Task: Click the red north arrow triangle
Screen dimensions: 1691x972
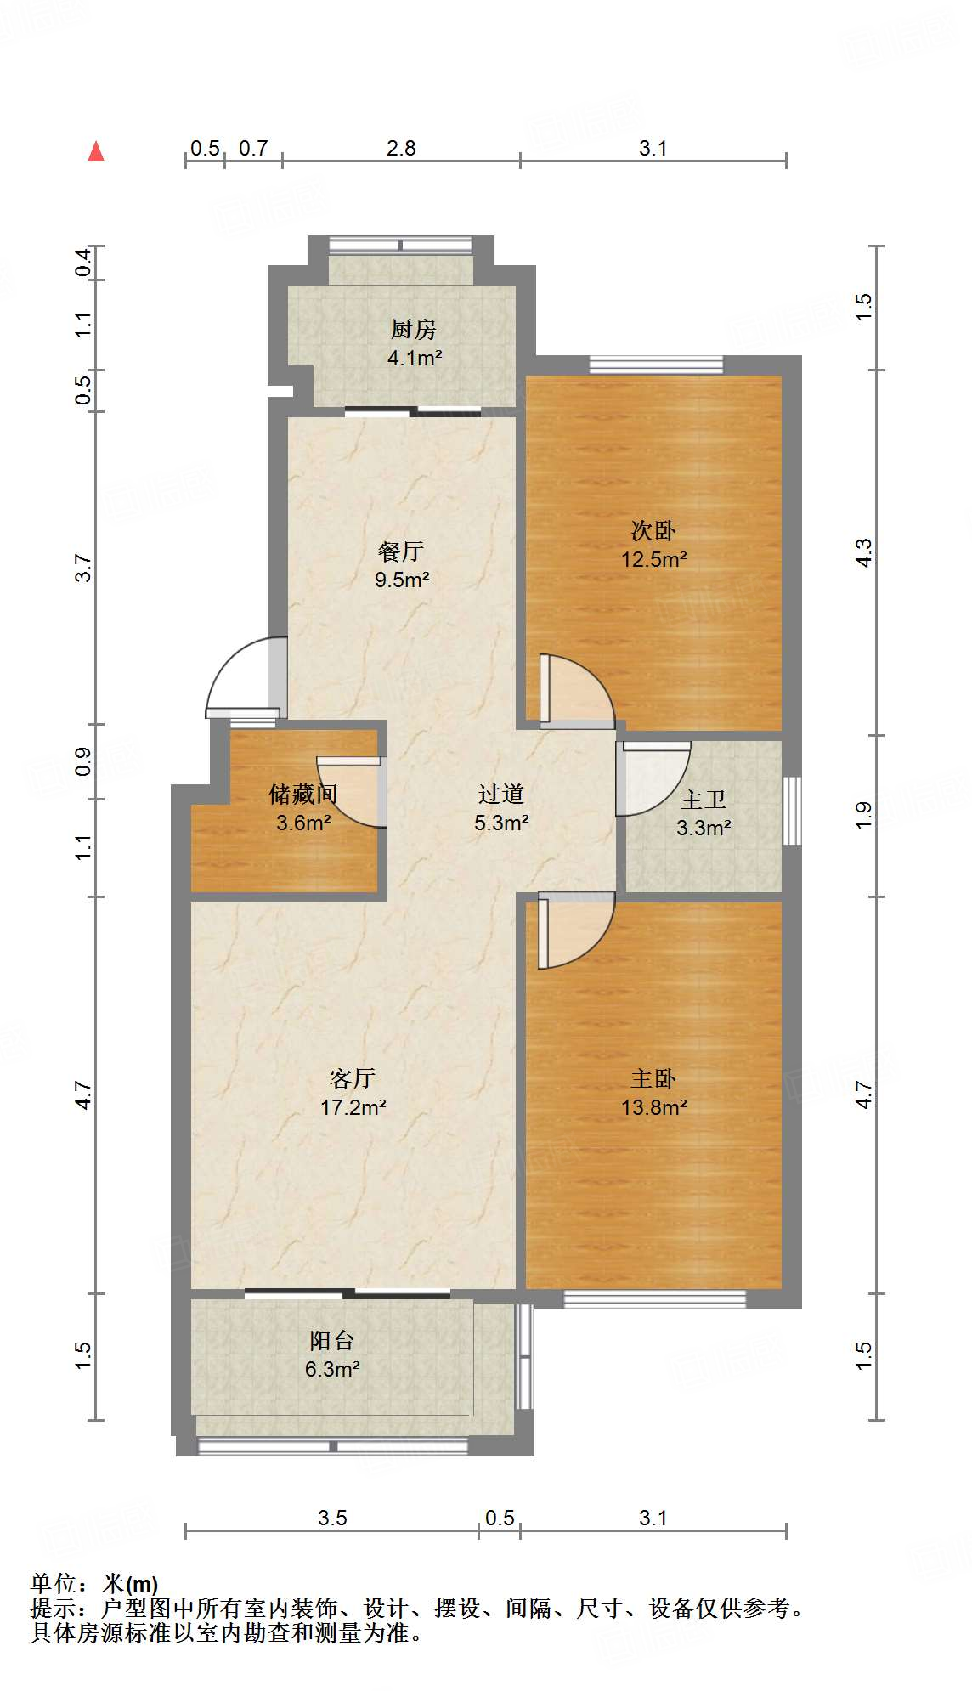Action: coord(96,151)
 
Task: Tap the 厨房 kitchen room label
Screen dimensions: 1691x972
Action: coord(413,329)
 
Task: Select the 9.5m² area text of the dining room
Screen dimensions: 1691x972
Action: coord(402,580)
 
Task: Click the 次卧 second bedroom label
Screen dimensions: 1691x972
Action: coord(653,531)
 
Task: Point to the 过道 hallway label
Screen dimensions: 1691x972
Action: coord(500,795)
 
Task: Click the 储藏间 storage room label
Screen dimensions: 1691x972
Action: coord(302,795)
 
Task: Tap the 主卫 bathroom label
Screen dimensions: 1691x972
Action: coord(704,800)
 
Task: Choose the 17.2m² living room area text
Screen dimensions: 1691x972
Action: coord(353,1107)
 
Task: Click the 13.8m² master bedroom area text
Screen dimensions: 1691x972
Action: coord(653,1107)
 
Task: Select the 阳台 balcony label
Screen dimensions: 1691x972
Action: coord(331,1341)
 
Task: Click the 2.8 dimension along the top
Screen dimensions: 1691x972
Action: coord(401,149)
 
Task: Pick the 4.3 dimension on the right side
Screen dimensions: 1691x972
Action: coord(863,553)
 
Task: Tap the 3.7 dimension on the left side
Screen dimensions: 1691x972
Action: coord(82,568)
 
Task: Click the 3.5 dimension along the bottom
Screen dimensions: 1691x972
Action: coord(332,1518)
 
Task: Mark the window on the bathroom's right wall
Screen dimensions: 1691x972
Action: coord(791,811)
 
